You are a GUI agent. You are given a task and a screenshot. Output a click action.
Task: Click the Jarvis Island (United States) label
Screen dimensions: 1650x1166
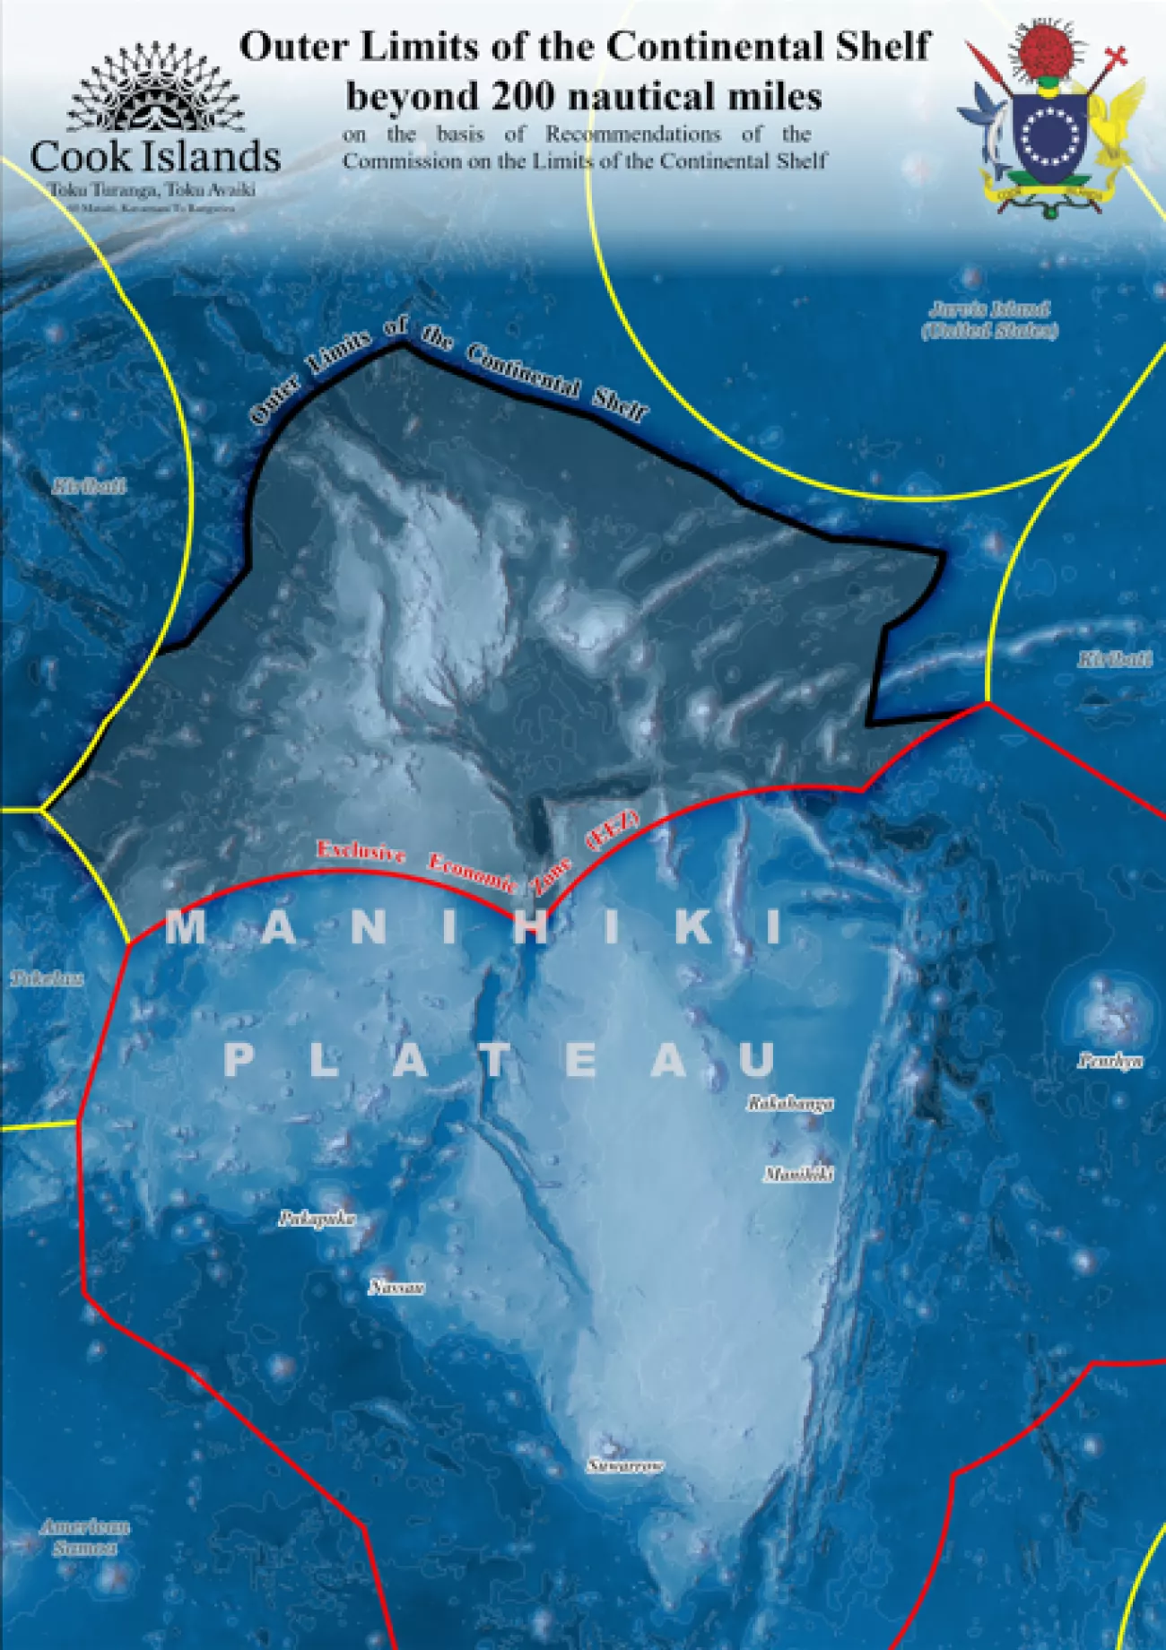pos(989,320)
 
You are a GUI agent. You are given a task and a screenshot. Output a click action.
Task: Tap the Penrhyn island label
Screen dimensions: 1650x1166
pos(1110,1061)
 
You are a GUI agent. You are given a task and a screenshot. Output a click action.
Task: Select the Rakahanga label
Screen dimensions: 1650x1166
pos(790,1103)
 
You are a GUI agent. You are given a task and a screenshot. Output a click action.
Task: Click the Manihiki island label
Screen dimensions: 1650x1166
pos(798,1173)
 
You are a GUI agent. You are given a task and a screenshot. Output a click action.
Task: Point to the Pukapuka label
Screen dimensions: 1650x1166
pos(317,1218)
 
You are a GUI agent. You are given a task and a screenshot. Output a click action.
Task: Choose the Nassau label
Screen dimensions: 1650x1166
pos(396,1288)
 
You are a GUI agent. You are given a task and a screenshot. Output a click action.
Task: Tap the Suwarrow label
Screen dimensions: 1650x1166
pos(626,1465)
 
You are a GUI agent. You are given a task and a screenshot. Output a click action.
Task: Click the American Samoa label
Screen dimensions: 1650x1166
pos(84,1536)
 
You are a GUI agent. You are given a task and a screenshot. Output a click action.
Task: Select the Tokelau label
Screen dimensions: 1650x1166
pos(47,978)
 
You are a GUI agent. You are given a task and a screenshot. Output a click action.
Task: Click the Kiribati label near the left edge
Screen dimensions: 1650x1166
pos(89,487)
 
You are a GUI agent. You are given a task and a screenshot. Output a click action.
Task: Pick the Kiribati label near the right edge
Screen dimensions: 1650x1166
pos(1115,660)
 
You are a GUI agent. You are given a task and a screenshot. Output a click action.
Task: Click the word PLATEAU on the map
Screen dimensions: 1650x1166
pos(500,1061)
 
